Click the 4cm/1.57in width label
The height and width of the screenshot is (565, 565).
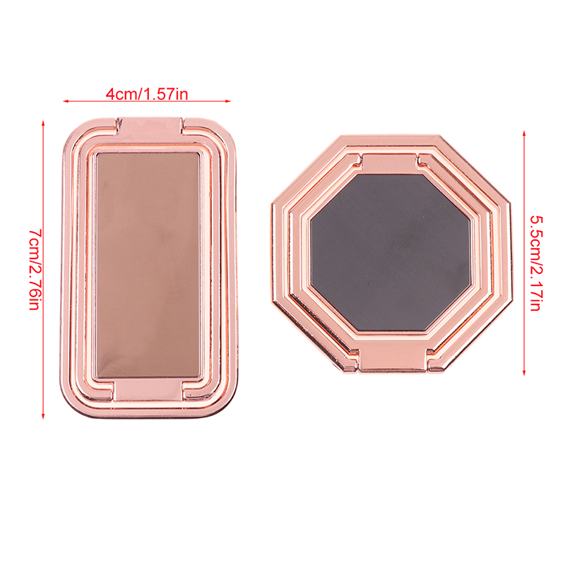coord(147,94)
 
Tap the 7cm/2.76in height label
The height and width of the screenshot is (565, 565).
coord(35,269)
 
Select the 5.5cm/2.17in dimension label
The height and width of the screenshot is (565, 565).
coord(536,263)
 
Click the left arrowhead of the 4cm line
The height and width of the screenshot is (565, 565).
coord(66,101)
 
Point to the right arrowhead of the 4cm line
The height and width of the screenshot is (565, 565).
coord(228,101)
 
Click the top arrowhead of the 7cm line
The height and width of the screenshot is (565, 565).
coord(43,123)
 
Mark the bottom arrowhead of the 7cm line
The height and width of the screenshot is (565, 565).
coord(43,416)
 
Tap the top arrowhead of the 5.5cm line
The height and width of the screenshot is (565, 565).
coord(524,133)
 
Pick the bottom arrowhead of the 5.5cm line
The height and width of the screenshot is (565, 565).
coord(524,373)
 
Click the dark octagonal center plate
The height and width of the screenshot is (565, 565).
coord(391,253)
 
